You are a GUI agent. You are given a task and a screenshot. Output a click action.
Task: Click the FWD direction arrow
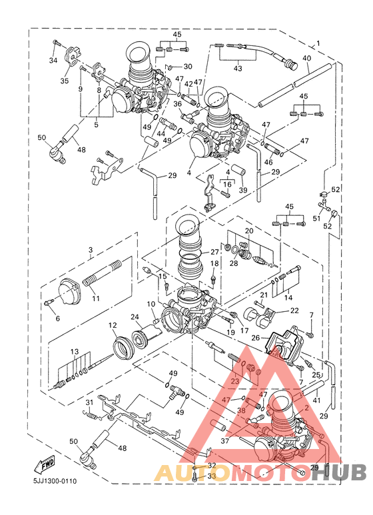tap(45, 464)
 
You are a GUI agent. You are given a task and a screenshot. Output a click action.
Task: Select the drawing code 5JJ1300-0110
tap(55, 481)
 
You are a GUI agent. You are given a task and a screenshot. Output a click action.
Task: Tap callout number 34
tap(53, 60)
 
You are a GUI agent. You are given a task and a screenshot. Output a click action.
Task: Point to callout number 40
tap(306, 58)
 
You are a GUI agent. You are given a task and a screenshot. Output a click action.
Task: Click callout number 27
tap(214, 252)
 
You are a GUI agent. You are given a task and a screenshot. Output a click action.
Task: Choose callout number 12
tap(113, 325)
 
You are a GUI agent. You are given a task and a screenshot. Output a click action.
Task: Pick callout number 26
tap(256, 337)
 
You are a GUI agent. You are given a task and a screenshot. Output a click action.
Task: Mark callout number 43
tap(238, 69)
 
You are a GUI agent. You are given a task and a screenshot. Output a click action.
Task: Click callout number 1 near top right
tap(318, 43)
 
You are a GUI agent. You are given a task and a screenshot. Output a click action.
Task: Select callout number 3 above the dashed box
tap(91, 250)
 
